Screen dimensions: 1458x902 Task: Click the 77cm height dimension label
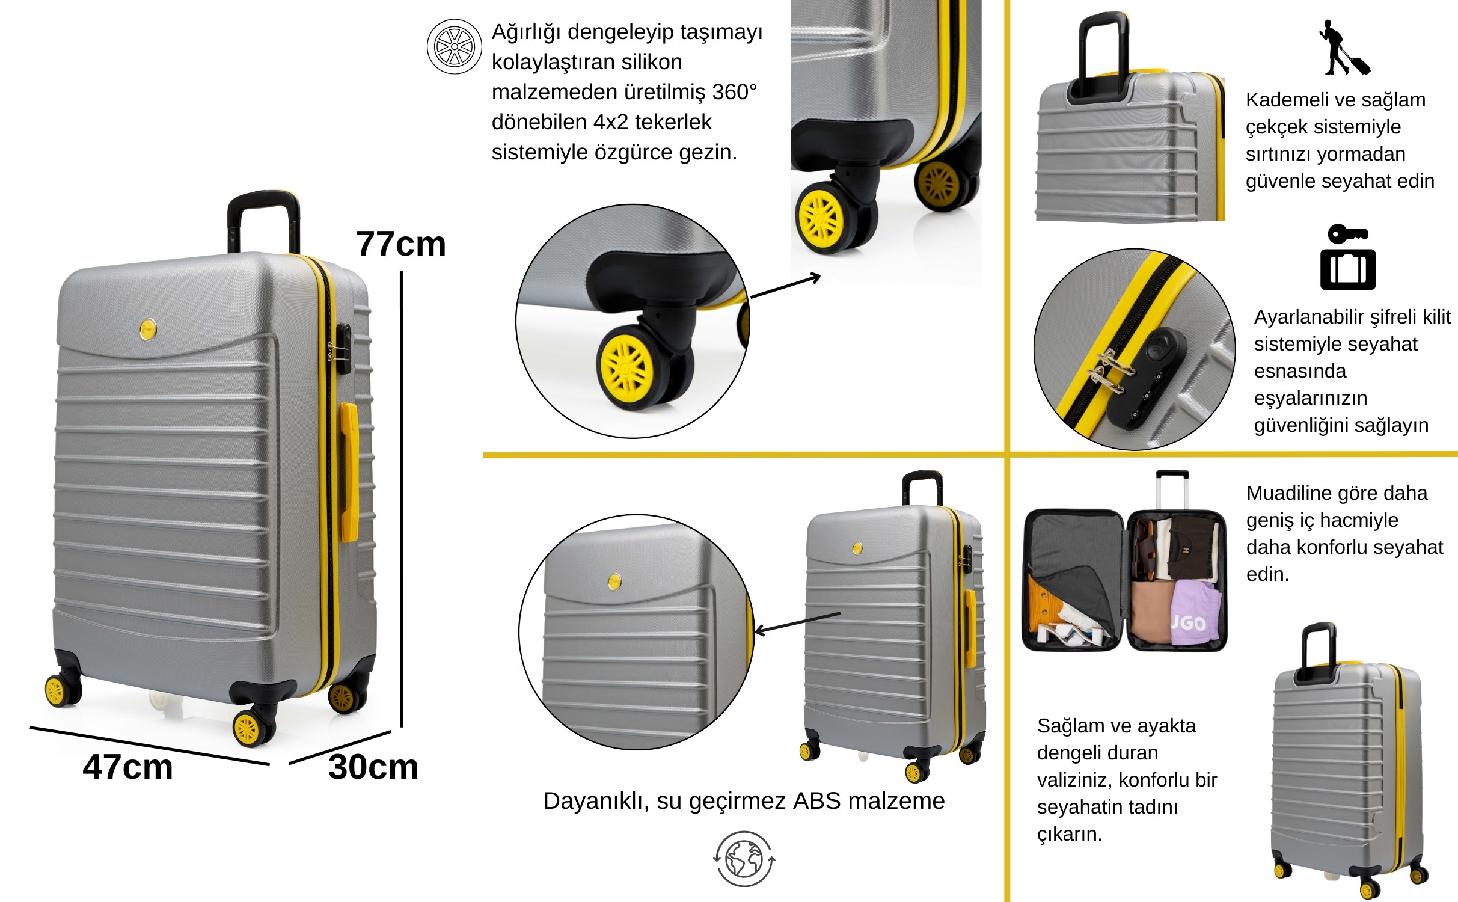pyautogui.click(x=401, y=244)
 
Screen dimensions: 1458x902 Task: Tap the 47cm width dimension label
pyautogui.click(x=127, y=767)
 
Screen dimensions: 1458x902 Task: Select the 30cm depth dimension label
pyautogui.click(x=373, y=767)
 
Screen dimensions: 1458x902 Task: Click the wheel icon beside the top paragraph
pyautogui.click(x=455, y=46)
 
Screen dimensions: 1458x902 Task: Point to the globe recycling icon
pyautogui.click(x=744, y=859)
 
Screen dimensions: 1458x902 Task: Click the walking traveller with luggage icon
pyautogui.click(x=1344, y=48)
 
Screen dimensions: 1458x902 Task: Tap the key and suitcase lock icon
pyautogui.click(x=1348, y=257)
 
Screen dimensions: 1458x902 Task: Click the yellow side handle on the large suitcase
pyautogui.click(x=349, y=473)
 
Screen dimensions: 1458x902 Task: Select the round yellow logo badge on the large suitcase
pyautogui.click(x=148, y=329)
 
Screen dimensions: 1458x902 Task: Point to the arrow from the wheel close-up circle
pyautogui.click(x=786, y=286)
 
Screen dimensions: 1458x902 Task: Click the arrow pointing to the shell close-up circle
pyautogui.click(x=797, y=623)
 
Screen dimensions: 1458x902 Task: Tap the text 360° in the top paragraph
pyautogui.click(x=734, y=92)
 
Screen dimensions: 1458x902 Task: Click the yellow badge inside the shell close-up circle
pyautogui.click(x=614, y=581)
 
